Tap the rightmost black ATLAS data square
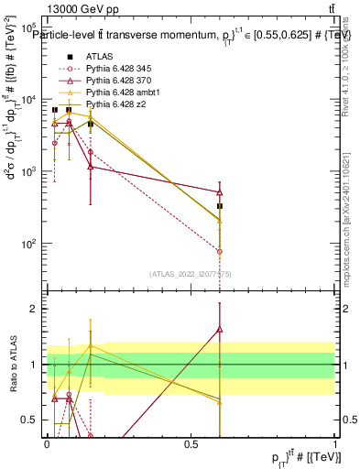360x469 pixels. (220, 206)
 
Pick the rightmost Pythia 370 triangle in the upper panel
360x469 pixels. (220, 191)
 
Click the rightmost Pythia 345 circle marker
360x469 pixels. (220, 251)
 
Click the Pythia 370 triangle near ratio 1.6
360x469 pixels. (220, 330)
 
